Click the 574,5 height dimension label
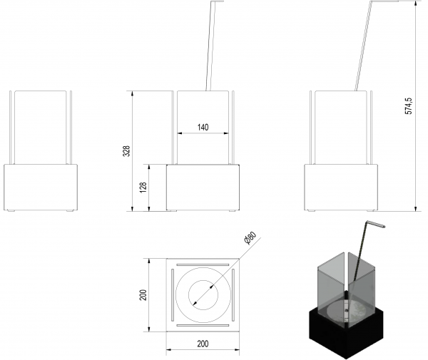[x=409, y=106]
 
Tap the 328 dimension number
[x=127, y=151]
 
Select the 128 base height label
[x=143, y=187]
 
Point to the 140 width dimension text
[x=203, y=128]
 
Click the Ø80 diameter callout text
[x=250, y=238]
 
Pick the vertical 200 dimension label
[x=143, y=295]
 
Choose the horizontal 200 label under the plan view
[x=203, y=344]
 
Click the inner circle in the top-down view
[x=203, y=295]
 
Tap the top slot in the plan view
[x=203, y=264]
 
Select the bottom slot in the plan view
[x=203, y=325]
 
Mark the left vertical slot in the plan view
[x=173, y=295]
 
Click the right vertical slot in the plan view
[x=233, y=295]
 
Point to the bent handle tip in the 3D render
[x=384, y=226]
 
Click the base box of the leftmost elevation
[x=41, y=187]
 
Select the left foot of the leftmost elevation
[x=11, y=210]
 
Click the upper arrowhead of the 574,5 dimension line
[x=416, y=3]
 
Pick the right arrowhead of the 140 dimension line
[x=226, y=133]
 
